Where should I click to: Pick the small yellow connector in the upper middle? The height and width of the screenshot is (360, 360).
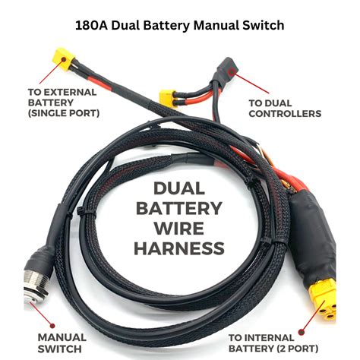[x=166, y=96]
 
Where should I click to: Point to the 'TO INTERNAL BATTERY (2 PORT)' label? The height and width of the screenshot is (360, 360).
[x=286, y=343]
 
